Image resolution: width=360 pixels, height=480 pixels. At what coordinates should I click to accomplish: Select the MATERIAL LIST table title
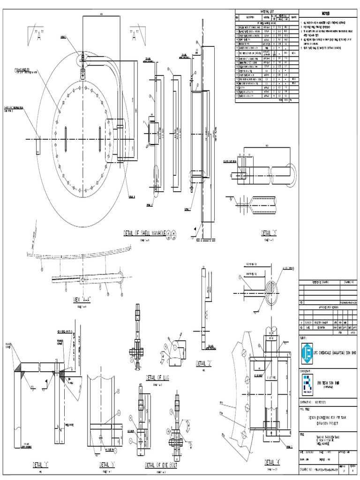coord(265,11)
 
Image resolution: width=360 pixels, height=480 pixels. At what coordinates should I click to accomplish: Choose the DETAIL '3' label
coord(268,232)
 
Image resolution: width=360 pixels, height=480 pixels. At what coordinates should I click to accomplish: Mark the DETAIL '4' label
coord(275,462)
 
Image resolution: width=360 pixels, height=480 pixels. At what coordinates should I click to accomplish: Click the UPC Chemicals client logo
coord(307,351)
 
